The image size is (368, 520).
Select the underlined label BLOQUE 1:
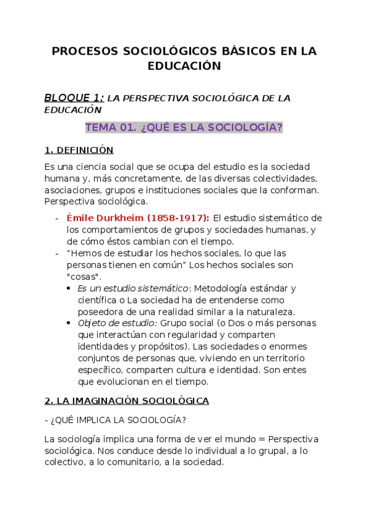74,97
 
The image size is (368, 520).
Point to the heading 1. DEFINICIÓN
79,150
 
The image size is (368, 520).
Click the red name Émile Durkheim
106,218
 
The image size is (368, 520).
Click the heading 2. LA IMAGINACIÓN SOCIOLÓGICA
127,401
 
